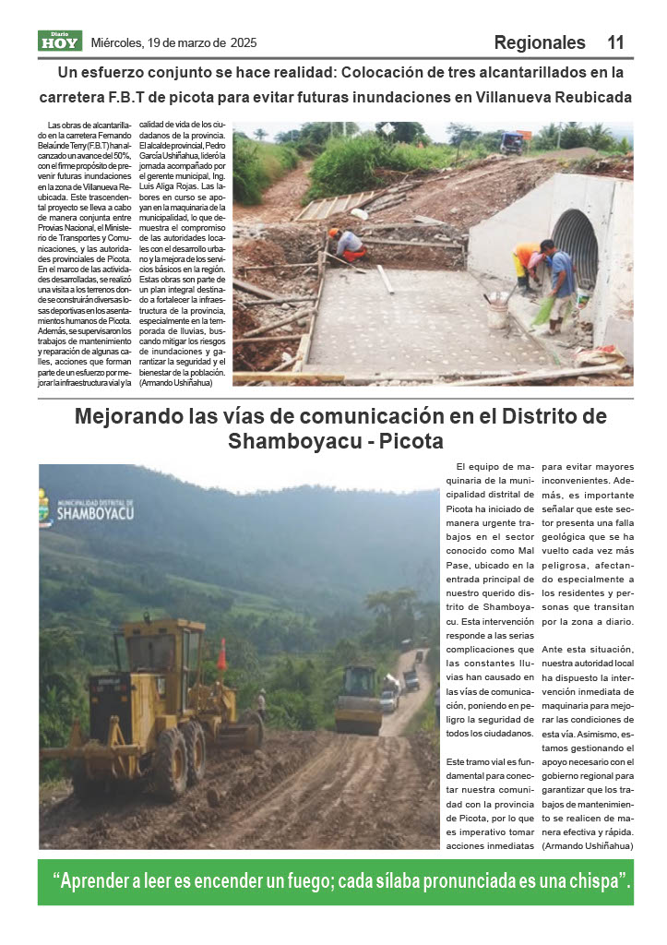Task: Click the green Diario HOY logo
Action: click(x=60, y=42)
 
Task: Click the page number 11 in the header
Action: click(x=615, y=42)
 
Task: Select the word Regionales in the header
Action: click(x=540, y=42)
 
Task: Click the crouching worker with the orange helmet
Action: click(x=349, y=245)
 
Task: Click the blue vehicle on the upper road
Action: click(x=513, y=142)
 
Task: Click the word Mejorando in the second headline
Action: click(x=146, y=416)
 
